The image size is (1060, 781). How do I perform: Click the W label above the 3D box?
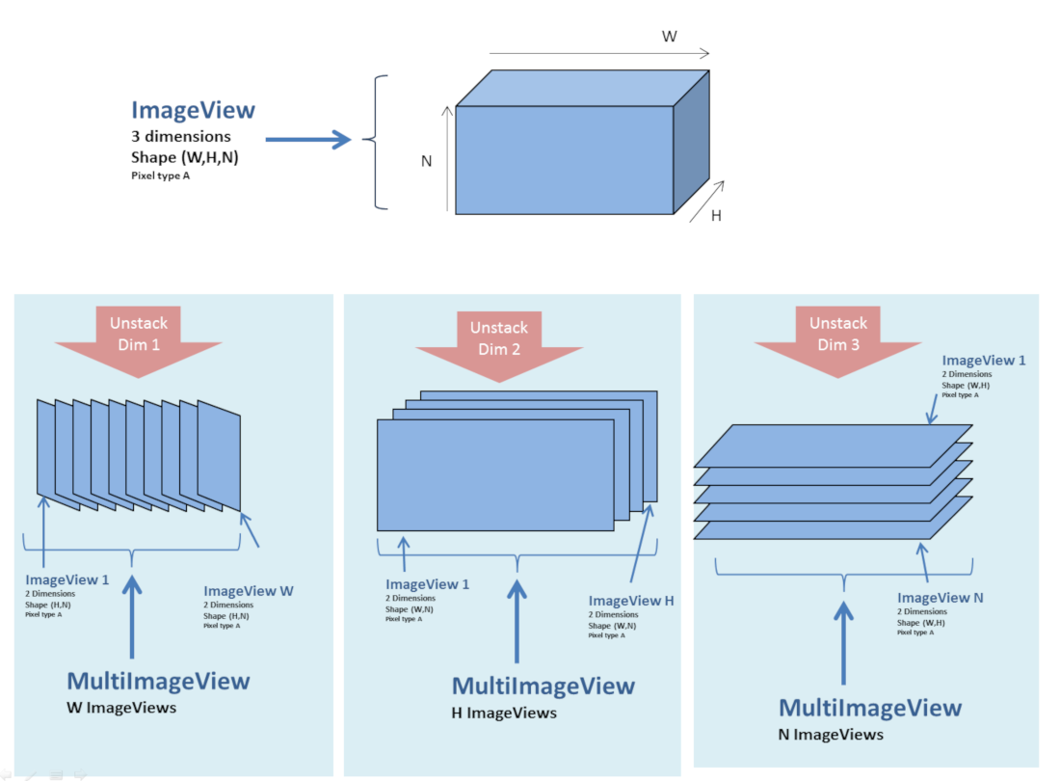669,36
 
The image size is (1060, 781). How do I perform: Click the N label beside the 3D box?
426,161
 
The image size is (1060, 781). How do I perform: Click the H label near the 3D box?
716,216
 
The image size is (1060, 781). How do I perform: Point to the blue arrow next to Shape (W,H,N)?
308,141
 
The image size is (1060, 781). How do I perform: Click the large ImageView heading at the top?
193,110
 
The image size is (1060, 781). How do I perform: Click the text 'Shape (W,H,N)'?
180,157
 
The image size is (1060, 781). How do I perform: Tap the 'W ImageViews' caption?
121,709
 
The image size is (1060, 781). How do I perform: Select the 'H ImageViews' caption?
504,714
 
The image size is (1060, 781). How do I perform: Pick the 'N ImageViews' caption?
831,735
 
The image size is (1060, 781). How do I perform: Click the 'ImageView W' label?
249,591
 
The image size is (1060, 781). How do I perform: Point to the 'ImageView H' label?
631,601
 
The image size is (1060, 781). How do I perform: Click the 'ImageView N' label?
941,598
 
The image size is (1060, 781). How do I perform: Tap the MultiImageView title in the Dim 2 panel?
543,687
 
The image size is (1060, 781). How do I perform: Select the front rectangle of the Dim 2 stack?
494,474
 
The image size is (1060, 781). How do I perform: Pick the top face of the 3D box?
583,89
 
